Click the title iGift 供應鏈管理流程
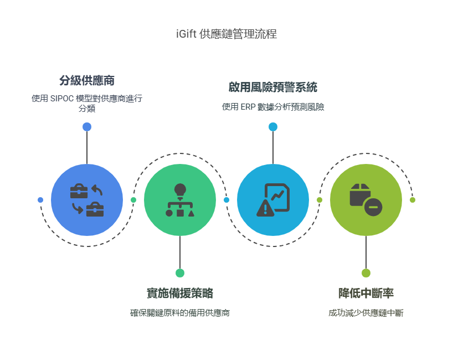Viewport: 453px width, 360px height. [x=225, y=34]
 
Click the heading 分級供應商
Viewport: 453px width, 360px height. [x=87, y=80]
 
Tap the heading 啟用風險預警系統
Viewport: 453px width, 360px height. [x=272, y=88]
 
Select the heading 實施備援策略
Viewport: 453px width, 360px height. [x=180, y=294]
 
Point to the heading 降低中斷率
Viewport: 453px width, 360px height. [x=366, y=294]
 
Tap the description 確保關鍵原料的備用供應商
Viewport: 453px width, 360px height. [x=180, y=313]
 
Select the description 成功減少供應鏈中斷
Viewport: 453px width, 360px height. [x=366, y=313]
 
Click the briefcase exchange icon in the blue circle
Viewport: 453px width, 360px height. [x=87, y=200]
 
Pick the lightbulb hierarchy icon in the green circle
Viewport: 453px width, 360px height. [x=180, y=200]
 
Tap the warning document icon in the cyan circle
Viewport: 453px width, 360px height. [x=273, y=200]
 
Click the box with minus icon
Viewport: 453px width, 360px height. [x=366, y=200]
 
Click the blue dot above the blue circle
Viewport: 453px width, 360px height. [x=87, y=127]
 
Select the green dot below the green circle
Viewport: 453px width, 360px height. [x=180, y=273]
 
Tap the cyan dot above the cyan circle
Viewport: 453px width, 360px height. [x=273, y=127]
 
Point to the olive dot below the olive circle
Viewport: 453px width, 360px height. [x=366, y=273]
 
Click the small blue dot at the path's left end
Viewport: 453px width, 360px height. [x=40, y=200]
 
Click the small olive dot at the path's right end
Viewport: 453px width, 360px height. [x=413, y=200]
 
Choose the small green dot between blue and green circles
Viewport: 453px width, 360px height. [x=133, y=200]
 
